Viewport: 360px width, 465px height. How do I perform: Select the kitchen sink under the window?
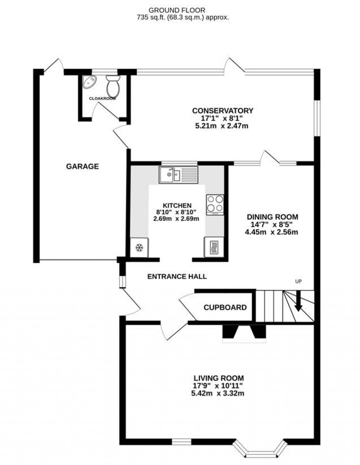tap(179, 175)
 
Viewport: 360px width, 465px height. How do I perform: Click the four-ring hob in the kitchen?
tap(215, 204)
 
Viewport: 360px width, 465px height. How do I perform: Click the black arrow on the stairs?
tap(298, 304)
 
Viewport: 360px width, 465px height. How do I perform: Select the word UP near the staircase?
tap(298, 281)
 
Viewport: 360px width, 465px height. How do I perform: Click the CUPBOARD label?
tap(225, 308)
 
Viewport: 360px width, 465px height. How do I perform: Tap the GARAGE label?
tap(82, 166)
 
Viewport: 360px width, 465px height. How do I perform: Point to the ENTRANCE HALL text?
tap(177, 277)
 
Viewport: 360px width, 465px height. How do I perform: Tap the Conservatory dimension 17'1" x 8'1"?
tap(222, 118)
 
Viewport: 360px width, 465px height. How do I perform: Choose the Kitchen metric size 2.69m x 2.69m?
tap(176, 218)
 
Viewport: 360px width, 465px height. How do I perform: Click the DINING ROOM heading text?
tap(272, 217)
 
